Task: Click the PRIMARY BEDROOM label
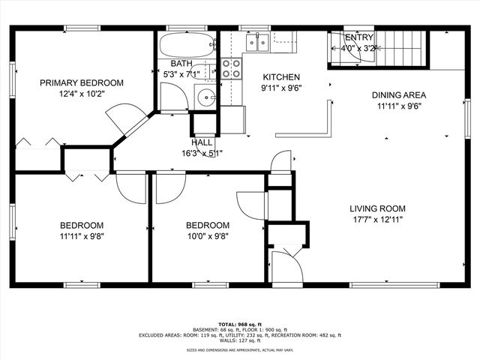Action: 82,83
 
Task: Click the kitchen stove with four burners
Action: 232,69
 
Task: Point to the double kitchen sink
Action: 258,43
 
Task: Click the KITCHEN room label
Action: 280,77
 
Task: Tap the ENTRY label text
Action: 358,37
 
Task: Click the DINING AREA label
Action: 399,95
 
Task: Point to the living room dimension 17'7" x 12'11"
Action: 377,220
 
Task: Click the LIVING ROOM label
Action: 377,209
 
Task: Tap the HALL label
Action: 202,142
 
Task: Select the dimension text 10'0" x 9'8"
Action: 208,236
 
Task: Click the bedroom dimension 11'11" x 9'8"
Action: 82,236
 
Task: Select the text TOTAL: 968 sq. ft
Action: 240,323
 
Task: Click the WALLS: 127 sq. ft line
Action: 240,341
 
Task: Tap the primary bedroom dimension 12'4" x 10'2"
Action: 82,94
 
